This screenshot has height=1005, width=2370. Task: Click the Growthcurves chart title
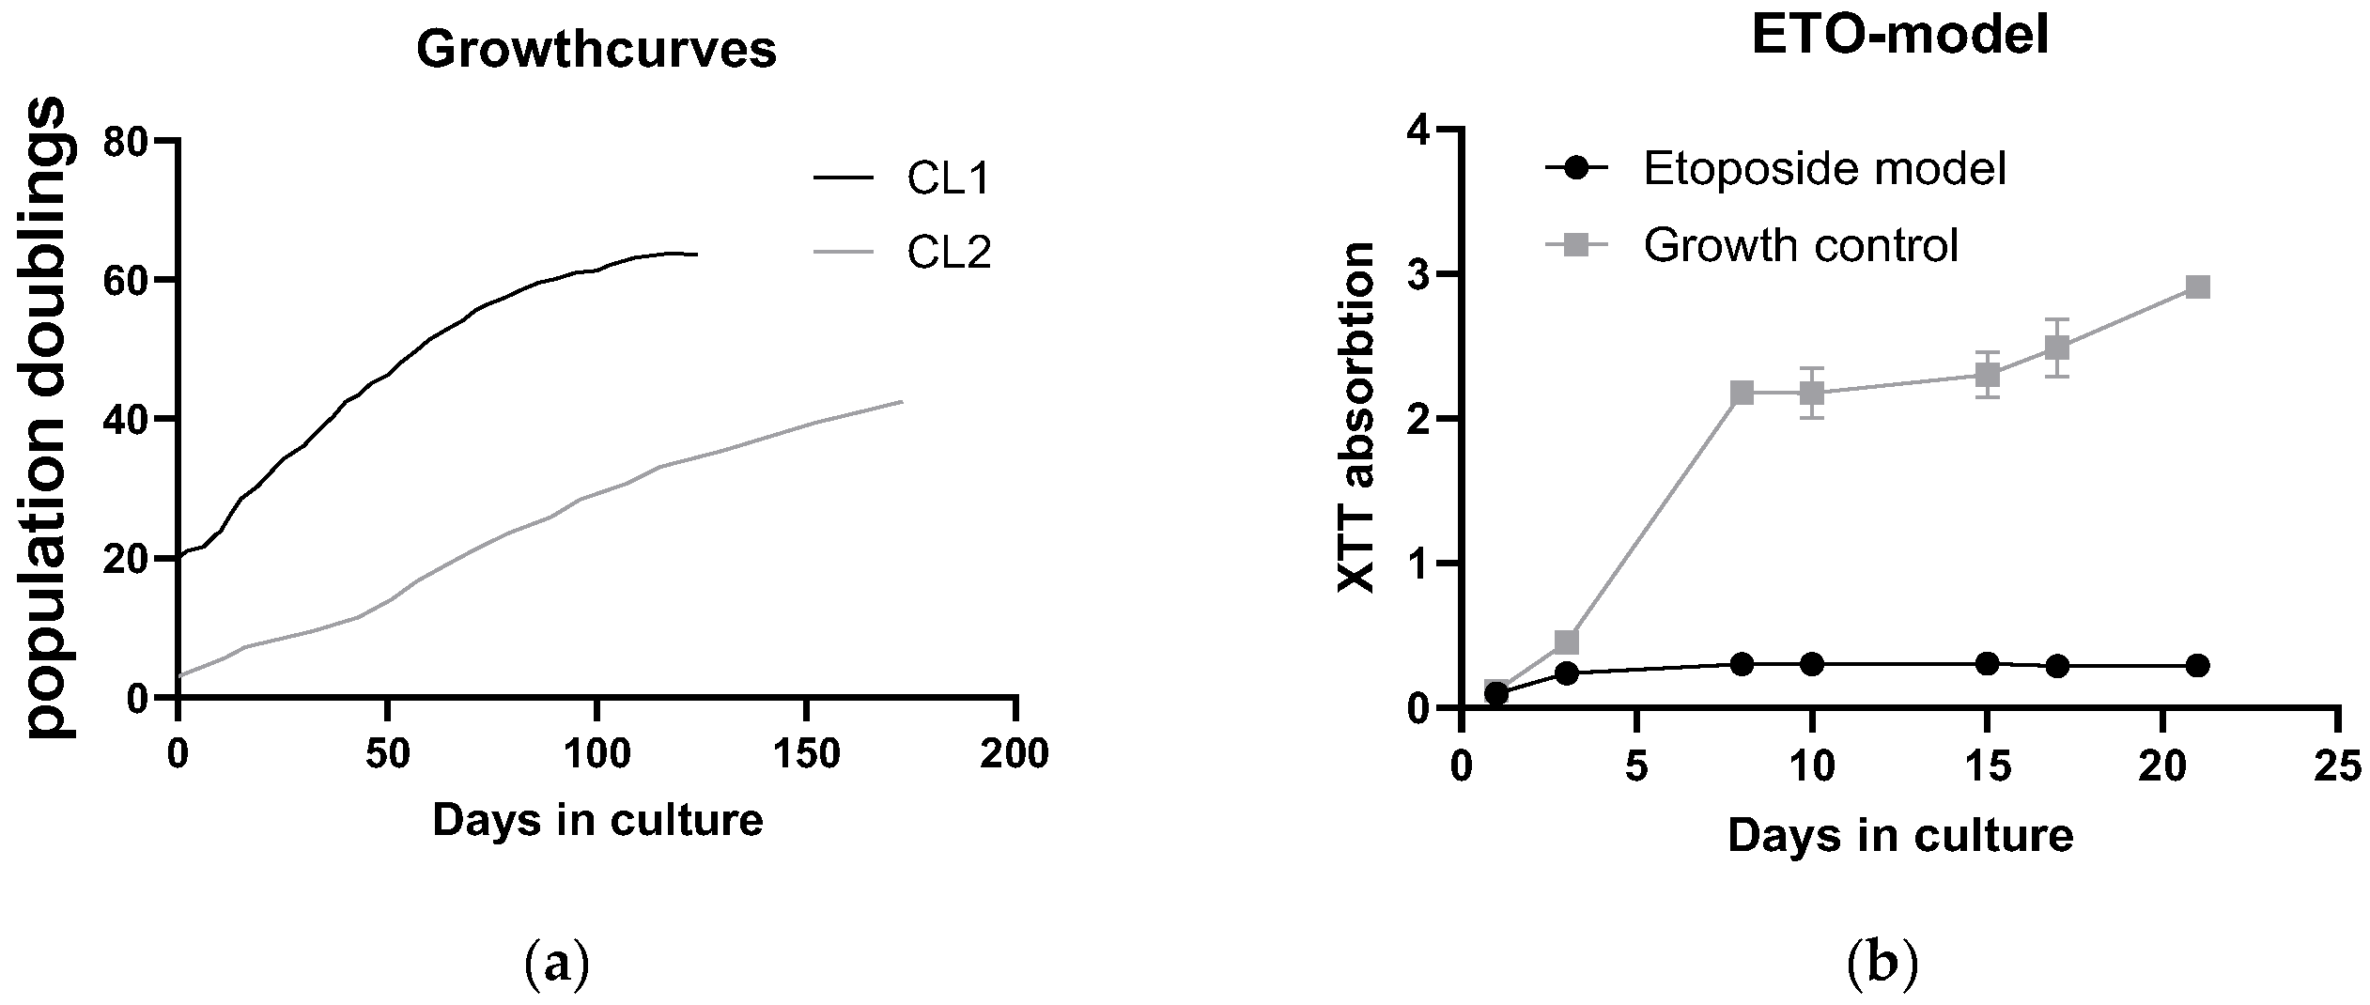[x=596, y=51]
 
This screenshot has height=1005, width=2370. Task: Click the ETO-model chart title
[x=1900, y=39]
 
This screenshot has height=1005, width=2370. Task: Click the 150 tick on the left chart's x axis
[x=806, y=754]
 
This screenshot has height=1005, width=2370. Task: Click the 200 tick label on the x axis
[x=1015, y=754]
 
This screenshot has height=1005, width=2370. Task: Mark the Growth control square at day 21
[x=2197, y=286]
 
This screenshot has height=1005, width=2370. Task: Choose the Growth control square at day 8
[x=1743, y=393]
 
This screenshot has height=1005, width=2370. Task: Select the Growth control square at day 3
[x=1567, y=642]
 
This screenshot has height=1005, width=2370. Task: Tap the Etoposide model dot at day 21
[x=2197, y=666]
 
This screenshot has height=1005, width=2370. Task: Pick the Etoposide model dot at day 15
[x=1987, y=663]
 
